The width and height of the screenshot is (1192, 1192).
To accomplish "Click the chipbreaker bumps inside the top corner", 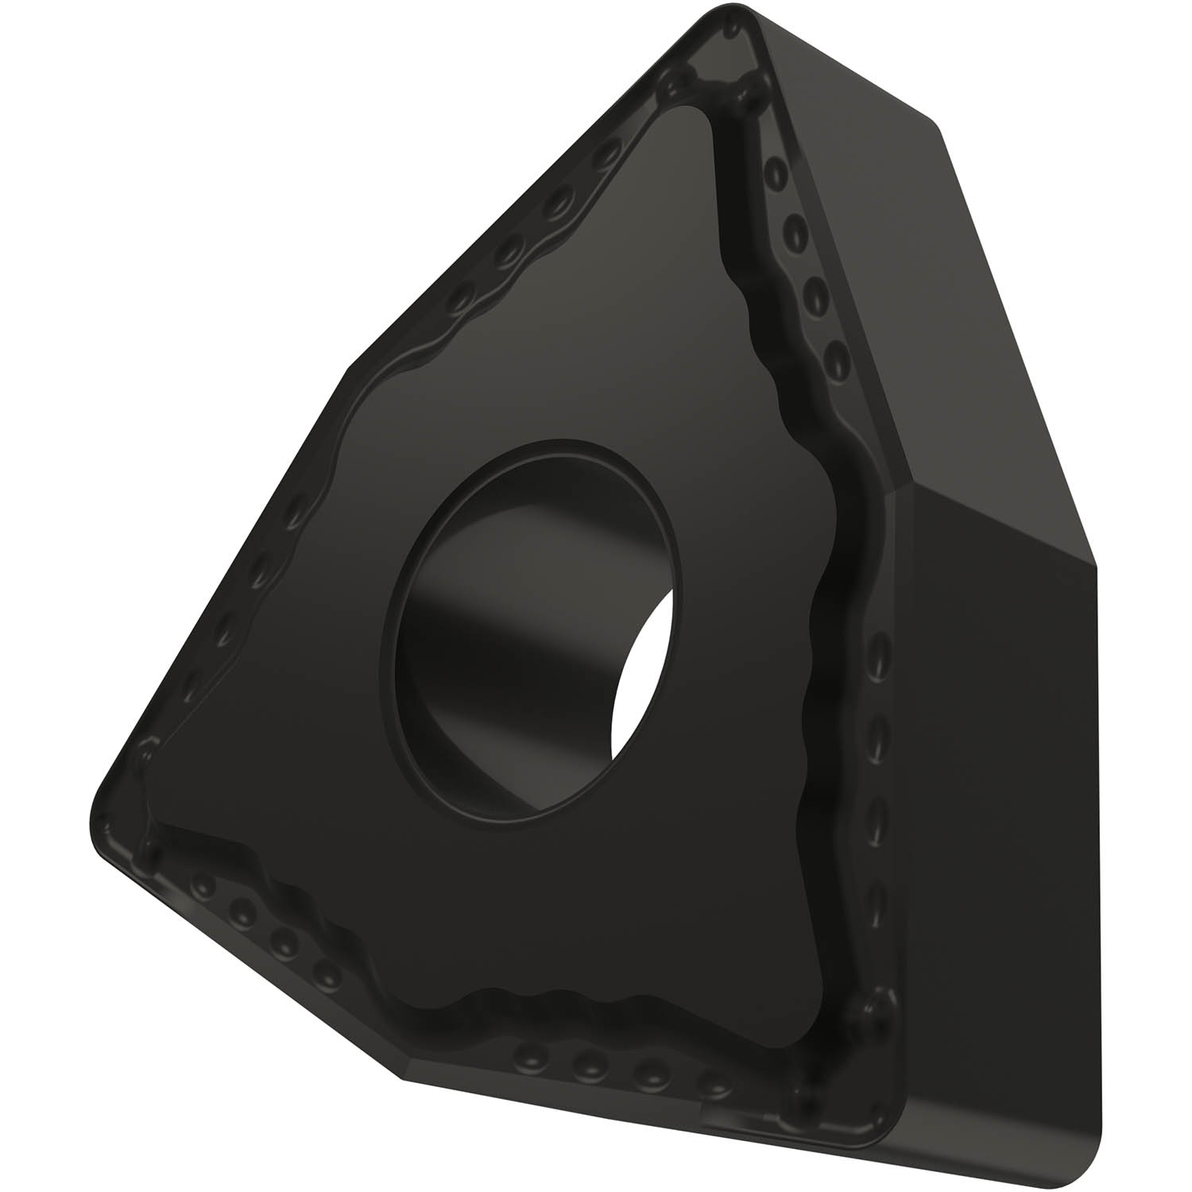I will click(715, 87).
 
